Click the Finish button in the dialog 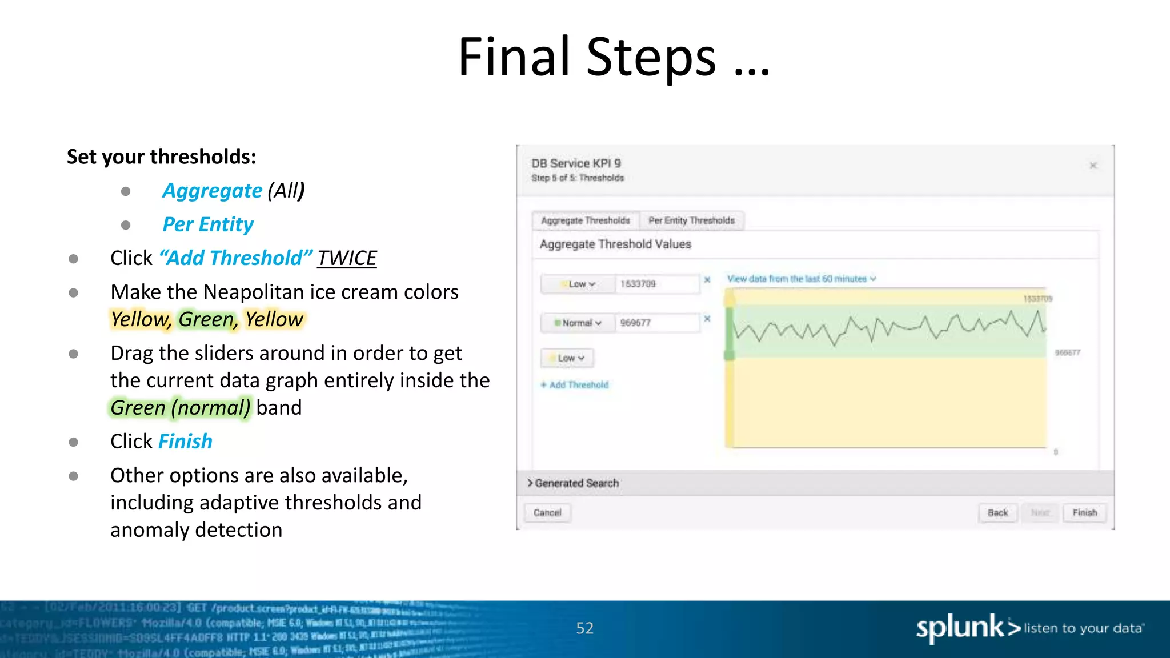point(1084,512)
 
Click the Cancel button point(547,512)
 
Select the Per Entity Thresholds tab point(691,220)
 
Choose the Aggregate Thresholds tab point(586,220)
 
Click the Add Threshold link point(575,385)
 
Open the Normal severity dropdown point(578,323)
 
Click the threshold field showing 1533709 point(657,284)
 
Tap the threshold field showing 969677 point(657,323)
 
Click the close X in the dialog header point(1093,166)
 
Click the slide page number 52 point(584,628)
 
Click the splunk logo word point(960,628)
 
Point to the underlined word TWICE point(347,258)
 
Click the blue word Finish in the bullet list point(185,442)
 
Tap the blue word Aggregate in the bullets point(212,191)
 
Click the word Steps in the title point(651,57)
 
